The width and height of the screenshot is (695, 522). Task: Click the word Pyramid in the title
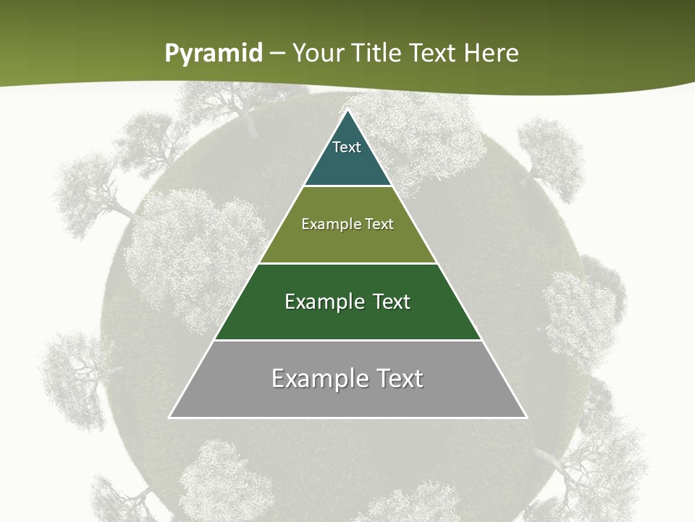click(x=214, y=54)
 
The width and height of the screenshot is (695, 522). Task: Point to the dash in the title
click(x=277, y=54)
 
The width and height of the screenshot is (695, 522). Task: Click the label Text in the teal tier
click(x=347, y=147)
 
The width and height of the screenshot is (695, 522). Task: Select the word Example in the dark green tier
click(x=323, y=302)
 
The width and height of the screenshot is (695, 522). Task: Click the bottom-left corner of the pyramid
click(x=170, y=417)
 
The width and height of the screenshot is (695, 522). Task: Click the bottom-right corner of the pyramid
click(x=526, y=417)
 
